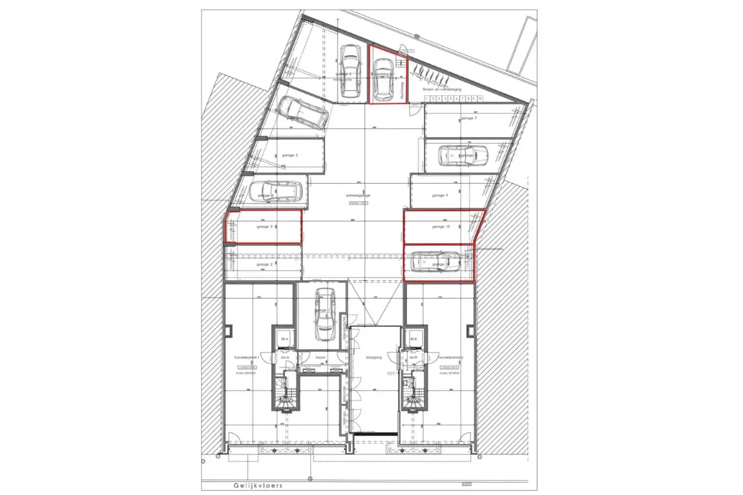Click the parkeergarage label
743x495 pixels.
coord(358,195)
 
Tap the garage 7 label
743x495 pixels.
coord(468,118)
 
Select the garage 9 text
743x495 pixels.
coord(440,195)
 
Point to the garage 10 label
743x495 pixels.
coord(441,227)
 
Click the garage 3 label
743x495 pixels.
coord(264,226)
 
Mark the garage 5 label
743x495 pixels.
coord(290,155)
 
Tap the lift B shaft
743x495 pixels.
coord(413,339)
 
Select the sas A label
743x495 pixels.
coord(285,358)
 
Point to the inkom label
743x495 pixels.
coord(321,358)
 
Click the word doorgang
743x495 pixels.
coord(373,358)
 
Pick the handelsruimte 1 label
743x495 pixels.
coord(243,358)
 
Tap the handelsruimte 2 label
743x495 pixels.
coord(450,358)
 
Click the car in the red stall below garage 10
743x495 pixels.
coord(437,262)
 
